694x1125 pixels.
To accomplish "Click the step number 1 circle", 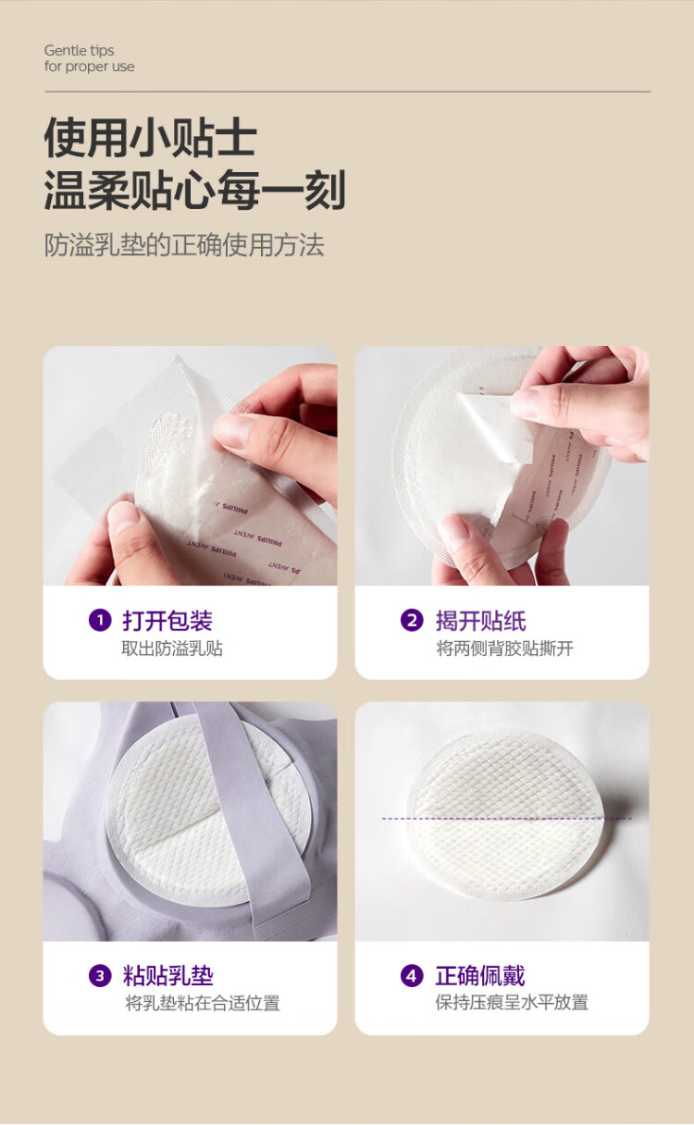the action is pyautogui.click(x=100, y=620).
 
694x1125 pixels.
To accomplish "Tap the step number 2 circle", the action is pyautogui.click(x=412, y=620).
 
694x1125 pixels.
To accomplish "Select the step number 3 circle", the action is pyautogui.click(x=100, y=976).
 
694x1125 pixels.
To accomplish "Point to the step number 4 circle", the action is pyautogui.click(x=412, y=976).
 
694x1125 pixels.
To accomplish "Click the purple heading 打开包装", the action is pyautogui.click(x=167, y=621).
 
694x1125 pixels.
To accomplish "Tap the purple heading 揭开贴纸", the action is pyautogui.click(x=480, y=621).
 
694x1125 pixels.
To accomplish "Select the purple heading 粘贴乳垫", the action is pyautogui.click(x=167, y=976).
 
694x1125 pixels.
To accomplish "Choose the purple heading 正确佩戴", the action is pyautogui.click(x=480, y=976).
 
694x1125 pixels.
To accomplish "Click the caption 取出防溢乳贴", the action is pyautogui.click(x=172, y=649).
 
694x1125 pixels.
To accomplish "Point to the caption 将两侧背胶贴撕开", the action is pyautogui.click(x=504, y=649).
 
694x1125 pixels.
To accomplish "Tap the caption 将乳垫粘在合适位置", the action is pyautogui.click(x=203, y=1004).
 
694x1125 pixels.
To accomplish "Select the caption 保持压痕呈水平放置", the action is pyautogui.click(x=512, y=1003).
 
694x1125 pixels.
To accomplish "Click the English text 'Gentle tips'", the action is pyautogui.click(x=79, y=51).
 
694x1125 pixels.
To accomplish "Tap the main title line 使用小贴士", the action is pyautogui.click(x=151, y=138).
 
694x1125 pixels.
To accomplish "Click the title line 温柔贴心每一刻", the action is pyautogui.click(x=195, y=190).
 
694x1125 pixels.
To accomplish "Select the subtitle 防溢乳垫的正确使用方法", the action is pyautogui.click(x=184, y=245).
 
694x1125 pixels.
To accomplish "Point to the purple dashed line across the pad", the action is pyautogui.click(x=507, y=819).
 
